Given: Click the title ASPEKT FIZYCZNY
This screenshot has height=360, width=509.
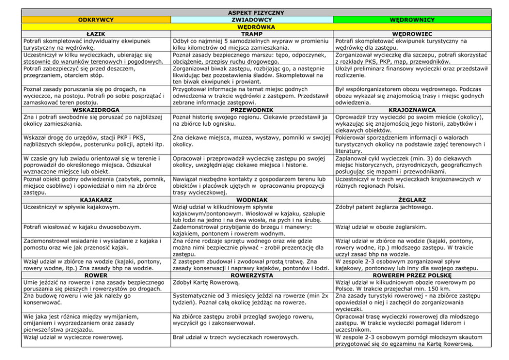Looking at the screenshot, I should click(x=254, y=12).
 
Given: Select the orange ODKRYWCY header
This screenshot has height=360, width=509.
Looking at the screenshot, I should click(x=96, y=19).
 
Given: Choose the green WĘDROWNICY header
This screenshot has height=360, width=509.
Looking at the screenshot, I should click(x=412, y=19).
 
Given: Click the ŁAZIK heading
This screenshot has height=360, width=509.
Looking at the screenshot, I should click(x=96, y=33).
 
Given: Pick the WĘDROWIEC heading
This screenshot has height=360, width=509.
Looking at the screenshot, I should click(x=412, y=33).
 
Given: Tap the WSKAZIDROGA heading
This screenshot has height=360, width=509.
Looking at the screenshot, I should click(x=96, y=110).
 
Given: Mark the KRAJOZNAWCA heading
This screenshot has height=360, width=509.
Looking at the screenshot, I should click(x=412, y=110).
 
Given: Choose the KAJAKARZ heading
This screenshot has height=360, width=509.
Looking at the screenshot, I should click(x=96, y=199).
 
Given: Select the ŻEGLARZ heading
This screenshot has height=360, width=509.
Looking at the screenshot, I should click(x=412, y=199).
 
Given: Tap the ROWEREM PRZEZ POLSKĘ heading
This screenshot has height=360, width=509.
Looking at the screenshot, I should click(x=412, y=275).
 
